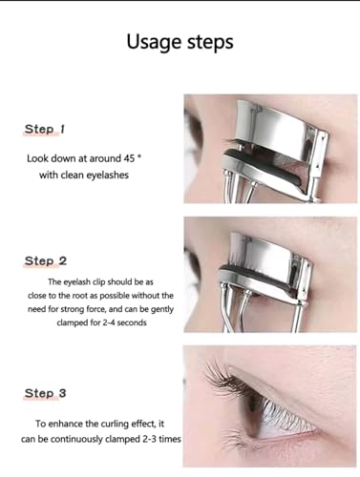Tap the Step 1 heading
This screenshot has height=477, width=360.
point(45,128)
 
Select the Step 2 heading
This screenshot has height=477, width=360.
point(45,260)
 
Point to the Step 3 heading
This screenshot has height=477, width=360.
point(45,392)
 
